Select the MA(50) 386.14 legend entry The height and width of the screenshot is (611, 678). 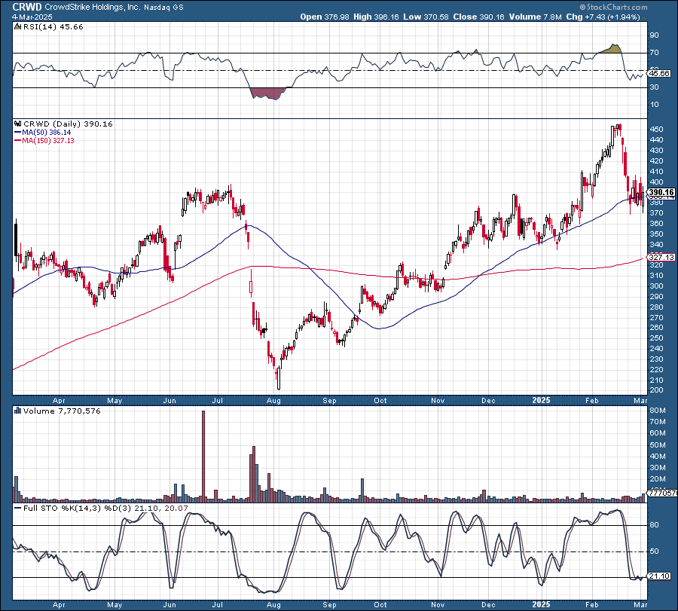tap(50, 132)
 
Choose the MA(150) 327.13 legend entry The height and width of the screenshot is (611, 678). tap(52, 140)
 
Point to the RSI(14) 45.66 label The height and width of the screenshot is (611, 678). tap(47, 26)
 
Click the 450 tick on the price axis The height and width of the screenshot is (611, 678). tap(658, 130)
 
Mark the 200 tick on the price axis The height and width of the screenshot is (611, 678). tap(658, 390)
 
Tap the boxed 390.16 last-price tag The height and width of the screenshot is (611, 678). tap(660, 192)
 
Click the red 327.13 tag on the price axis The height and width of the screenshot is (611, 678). tap(660, 258)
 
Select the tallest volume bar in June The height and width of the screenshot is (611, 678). tap(203, 456)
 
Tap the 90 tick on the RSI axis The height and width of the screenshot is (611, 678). tap(655, 35)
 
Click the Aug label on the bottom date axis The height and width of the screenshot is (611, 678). tap(274, 401)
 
